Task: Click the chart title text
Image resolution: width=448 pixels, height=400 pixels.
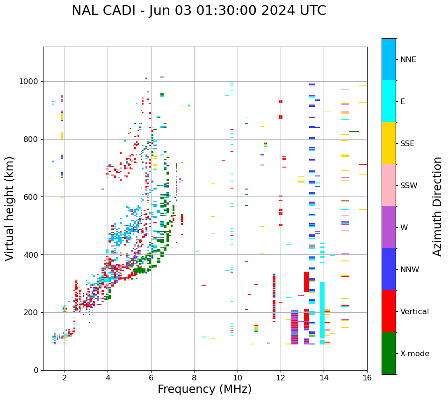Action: tap(199, 11)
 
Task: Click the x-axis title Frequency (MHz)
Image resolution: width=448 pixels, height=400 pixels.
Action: tap(204, 389)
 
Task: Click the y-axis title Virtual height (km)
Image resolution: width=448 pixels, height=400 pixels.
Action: tap(10, 209)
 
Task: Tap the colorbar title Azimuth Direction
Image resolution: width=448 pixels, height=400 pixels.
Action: tap(437, 206)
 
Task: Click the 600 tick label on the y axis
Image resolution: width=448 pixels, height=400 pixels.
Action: tap(33, 197)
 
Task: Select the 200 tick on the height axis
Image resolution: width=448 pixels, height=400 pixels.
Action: tap(33, 312)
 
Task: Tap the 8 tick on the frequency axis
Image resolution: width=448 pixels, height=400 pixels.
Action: tap(194, 377)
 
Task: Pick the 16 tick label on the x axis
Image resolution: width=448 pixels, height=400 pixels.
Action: tap(367, 377)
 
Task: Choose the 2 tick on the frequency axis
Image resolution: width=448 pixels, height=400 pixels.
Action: tap(65, 377)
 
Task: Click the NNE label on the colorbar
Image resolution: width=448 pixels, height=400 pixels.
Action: tap(408, 60)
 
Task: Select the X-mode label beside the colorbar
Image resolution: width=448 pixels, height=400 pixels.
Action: tap(414, 354)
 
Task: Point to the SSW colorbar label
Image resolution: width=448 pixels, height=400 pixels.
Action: tap(409, 186)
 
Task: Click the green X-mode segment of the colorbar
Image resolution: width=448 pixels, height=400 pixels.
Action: tap(389, 353)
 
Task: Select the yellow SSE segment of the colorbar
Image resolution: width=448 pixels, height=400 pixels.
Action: tap(389, 143)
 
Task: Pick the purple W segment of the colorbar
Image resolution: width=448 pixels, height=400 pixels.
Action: tap(389, 227)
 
